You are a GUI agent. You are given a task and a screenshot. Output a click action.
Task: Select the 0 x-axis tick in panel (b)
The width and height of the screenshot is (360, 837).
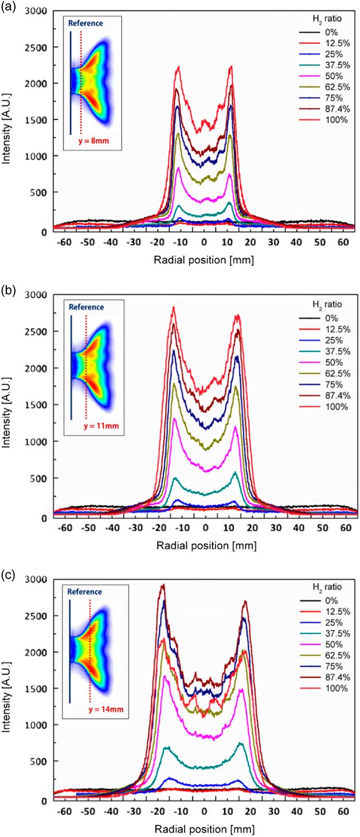click(x=205, y=526)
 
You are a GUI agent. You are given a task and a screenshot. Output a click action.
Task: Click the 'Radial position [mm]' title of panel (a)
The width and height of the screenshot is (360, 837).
click(x=205, y=259)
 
